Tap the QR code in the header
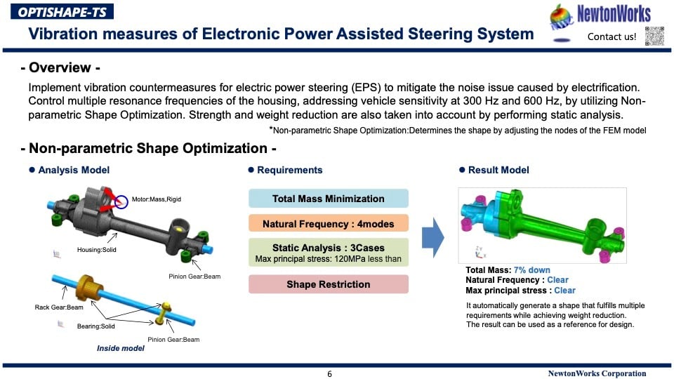(x=654, y=35)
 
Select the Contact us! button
(x=612, y=36)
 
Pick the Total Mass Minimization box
(x=328, y=199)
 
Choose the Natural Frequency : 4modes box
(x=328, y=225)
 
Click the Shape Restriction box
(x=328, y=284)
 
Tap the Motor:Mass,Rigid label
(x=156, y=199)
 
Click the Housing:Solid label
(x=96, y=250)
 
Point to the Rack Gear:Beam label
(x=58, y=307)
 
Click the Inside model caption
(x=120, y=348)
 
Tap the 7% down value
(x=531, y=270)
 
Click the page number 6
(x=329, y=373)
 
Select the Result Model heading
(x=498, y=170)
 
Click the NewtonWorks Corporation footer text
(x=597, y=373)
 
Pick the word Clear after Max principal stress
(x=564, y=290)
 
